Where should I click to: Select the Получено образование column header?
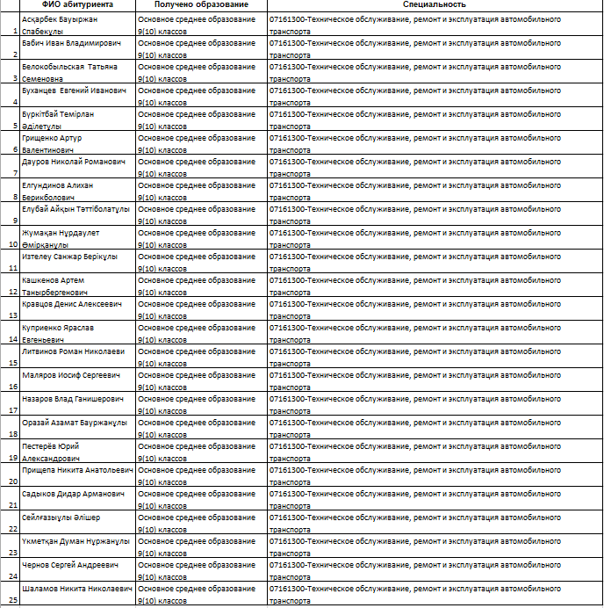point(201,5)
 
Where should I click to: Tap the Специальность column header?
point(435,5)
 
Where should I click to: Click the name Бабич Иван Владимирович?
point(72,42)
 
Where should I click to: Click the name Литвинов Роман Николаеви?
point(73,351)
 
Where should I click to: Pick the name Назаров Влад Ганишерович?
point(72,398)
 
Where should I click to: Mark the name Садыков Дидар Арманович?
point(73,494)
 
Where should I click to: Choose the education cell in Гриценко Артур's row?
point(201,143)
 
